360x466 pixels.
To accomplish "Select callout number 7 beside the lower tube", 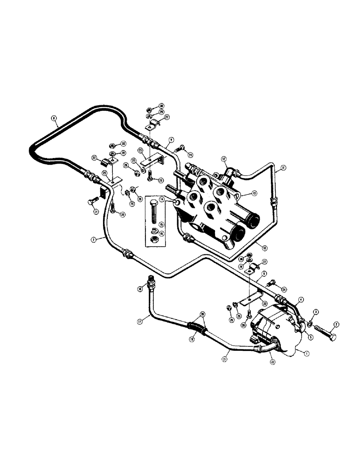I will tap(93, 240).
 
